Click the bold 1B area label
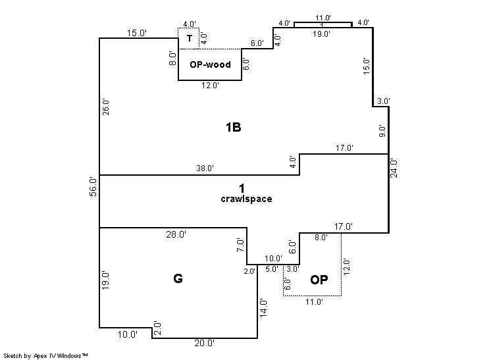point(233,128)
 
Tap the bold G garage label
point(178,278)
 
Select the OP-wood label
point(210,64)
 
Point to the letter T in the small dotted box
point(190,38)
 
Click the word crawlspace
point(246,199)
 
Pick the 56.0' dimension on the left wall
point(93,186)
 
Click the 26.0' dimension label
point(106,107)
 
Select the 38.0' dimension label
point(205,168)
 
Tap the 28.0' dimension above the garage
point(176,234)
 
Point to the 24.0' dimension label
point(394,168)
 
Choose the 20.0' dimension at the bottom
point(204,343)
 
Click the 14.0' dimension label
point(263,309)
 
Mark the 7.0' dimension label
point(240,245)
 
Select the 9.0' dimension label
point(382,131)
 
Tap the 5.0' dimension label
point(271,269)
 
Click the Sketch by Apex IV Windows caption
point(45,356)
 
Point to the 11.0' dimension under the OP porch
point(314,302)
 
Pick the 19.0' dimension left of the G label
point(105,281)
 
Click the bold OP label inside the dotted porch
point(319,280)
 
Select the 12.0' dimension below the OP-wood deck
point(210,85)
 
